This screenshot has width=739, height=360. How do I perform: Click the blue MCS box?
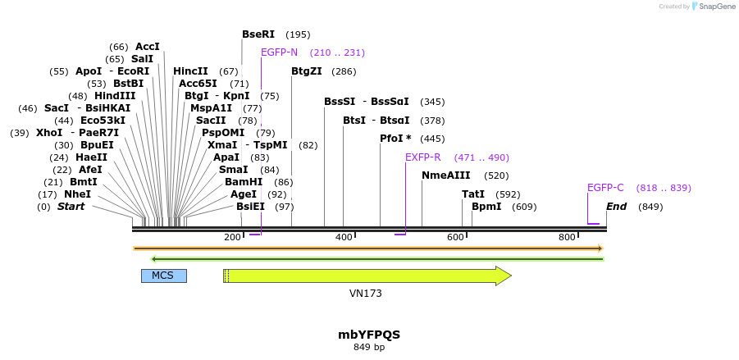[163, 276]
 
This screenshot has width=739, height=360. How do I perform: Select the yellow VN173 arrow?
[367, 276]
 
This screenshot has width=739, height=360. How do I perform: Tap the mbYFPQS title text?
[369, 335]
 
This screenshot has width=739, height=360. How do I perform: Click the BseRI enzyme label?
[258, 34]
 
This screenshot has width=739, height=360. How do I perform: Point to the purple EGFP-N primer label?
[279, 52]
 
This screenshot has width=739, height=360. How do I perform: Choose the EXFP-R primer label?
[423, 157]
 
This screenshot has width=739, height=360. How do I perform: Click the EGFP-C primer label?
[605, 188]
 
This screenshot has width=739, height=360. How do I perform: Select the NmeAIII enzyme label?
[446, 175]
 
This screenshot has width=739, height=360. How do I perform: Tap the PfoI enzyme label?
[391, 139]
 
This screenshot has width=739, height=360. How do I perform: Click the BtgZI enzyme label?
[307, 71]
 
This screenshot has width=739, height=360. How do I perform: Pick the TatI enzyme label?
[473, 194]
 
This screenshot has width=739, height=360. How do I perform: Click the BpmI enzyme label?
[486, 207]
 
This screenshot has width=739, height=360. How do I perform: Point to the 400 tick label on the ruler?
[344, 237]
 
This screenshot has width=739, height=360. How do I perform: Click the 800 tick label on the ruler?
[567, 237]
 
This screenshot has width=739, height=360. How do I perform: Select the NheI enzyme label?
[77, 194]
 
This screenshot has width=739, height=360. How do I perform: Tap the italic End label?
[616, 207]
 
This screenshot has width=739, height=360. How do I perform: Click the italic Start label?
[71, 207]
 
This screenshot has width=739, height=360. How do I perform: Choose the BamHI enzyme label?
[244, 182]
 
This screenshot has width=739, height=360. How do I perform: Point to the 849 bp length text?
[369, 348]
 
